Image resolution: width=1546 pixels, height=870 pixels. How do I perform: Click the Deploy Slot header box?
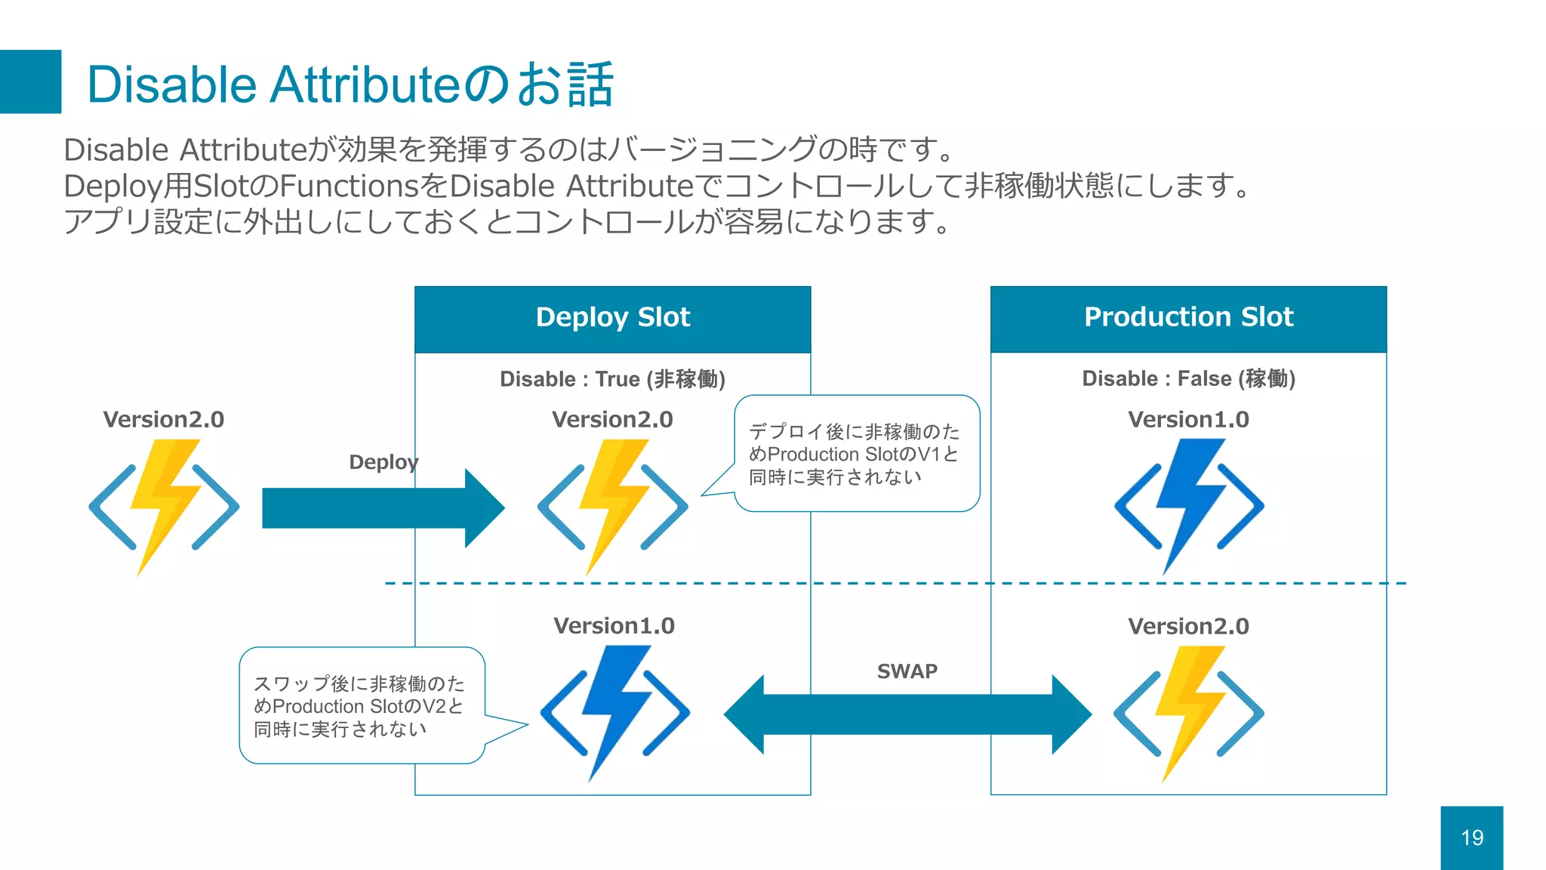(x=612, y=318)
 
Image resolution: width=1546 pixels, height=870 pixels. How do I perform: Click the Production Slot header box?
(x=1188, y=318)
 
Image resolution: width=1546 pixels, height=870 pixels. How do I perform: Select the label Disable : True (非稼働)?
(x=612, y=378)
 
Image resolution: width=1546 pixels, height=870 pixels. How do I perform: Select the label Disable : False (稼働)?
(x=1188, y=378)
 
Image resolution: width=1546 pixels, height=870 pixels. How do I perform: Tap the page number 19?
(x=1471, y=838)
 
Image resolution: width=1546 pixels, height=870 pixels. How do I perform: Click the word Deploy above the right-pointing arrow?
(x=383, y=461)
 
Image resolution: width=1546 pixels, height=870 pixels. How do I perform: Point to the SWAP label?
(x=907, y=671)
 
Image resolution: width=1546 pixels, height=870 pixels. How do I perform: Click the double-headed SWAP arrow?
(x=907, y=714)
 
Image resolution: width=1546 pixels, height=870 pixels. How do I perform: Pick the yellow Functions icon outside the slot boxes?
(x=164, y=506)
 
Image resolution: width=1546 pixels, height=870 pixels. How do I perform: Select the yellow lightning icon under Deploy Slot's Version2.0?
(x=612, y=506)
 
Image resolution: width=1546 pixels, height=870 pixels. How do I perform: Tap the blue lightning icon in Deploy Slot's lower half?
(x=614, y=712)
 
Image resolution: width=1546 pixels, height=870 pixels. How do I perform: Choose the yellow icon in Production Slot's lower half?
(x=1188, y=712)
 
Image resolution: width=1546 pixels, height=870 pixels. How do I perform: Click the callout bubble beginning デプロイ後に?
(x=857, y=453)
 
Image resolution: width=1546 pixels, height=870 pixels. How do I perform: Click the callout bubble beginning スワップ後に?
(x=361, y=705)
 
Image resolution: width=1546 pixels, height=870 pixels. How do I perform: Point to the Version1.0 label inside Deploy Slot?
(x=614, y=625)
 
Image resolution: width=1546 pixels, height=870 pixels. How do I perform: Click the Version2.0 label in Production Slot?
(x=1188, y=625)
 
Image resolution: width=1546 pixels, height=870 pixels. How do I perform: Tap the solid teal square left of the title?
(x=30, y=82)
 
